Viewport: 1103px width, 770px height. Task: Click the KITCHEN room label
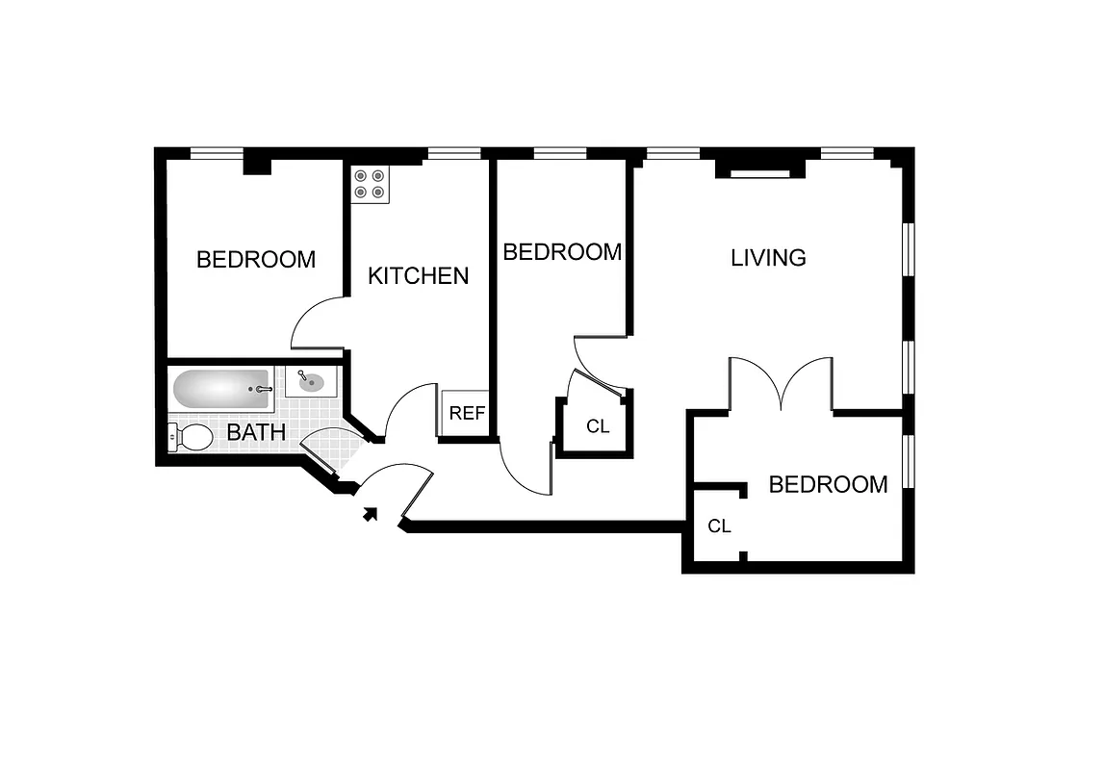pos(418,275)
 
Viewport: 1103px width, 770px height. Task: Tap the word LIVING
pos(768,258)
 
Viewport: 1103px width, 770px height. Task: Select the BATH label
pos(256,432)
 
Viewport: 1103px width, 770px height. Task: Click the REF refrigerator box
pos(467,413)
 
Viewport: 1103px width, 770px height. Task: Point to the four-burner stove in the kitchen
pos(370,184)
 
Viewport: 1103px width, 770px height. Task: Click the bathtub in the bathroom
pos(222,390)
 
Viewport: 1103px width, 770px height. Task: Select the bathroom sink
pos(310,382)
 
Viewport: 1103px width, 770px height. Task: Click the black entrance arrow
pos(369,514)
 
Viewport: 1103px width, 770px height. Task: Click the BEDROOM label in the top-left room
pos(256,260)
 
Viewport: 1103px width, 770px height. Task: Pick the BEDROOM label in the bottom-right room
pos(828,484)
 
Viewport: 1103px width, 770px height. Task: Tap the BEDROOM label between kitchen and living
pos(562,252)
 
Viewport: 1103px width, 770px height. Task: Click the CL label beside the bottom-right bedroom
pos(719,526)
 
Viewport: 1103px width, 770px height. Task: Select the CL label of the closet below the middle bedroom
pos(598,426)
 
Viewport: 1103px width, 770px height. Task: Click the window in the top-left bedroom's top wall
pos(217,152)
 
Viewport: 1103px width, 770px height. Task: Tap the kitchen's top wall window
pos(453,152)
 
